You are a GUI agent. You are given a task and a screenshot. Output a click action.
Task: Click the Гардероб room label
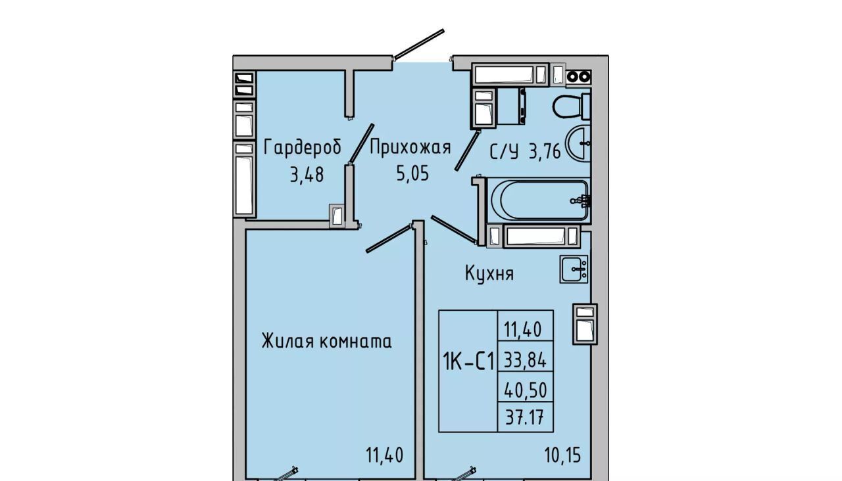303,147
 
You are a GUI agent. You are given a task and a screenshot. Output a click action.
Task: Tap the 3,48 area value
307,175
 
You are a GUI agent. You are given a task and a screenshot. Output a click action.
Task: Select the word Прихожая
410,147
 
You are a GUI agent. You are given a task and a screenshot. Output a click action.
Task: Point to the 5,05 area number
412,173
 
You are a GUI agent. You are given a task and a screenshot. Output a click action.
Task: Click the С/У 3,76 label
525,152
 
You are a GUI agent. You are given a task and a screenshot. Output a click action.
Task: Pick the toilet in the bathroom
572,106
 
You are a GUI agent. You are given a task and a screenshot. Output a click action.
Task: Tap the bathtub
539,201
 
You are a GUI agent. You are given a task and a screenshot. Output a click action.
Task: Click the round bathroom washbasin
578,144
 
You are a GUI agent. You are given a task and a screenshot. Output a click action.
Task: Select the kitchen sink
574,269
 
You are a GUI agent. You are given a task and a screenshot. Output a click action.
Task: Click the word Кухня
489,273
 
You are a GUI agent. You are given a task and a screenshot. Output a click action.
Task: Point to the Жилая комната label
327,341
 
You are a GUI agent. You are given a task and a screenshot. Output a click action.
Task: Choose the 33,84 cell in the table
525,361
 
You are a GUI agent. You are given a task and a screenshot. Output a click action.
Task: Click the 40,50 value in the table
525,390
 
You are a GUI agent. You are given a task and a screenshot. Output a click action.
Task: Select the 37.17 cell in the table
525,417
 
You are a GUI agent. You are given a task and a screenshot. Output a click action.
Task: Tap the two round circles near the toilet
578,77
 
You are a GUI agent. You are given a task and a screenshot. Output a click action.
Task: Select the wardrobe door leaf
361,143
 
